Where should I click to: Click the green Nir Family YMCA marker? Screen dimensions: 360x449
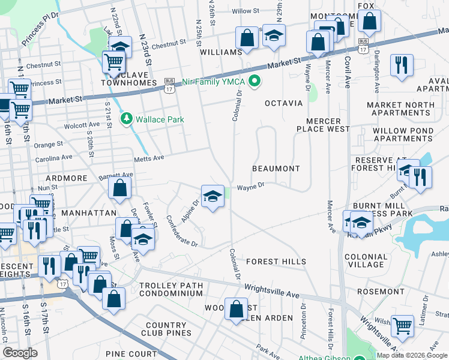click(x=255, y=80)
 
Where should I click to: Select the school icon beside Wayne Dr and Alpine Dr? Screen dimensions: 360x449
click(x=212, y=196)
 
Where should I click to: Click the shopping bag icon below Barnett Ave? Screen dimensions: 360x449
click(x=120, y=187)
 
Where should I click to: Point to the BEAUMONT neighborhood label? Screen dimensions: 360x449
click(x=276, y=169)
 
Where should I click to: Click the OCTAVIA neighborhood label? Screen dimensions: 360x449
click(x=285, y=103)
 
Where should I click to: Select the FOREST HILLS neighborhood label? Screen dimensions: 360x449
click(x=276, y=262)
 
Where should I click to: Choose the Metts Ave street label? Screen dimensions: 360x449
click(x=151, y=157)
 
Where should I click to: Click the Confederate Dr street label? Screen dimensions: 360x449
click(x=181, y=231)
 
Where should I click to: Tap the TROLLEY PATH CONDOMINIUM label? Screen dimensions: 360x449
click(x=171, y=289)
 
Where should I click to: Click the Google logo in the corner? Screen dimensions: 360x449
click(x=20, y=353)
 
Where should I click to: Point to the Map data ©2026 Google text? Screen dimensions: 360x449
click(x=411, y=355)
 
